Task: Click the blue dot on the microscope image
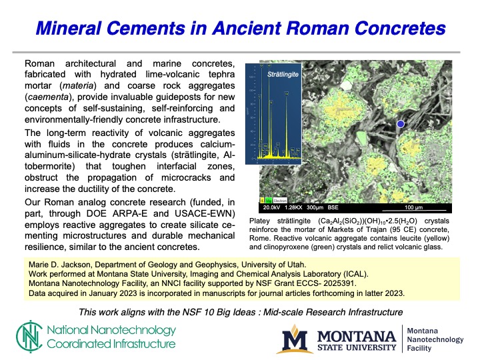click(x=401, y=124)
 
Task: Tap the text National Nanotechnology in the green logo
click(x=111, y=330)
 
